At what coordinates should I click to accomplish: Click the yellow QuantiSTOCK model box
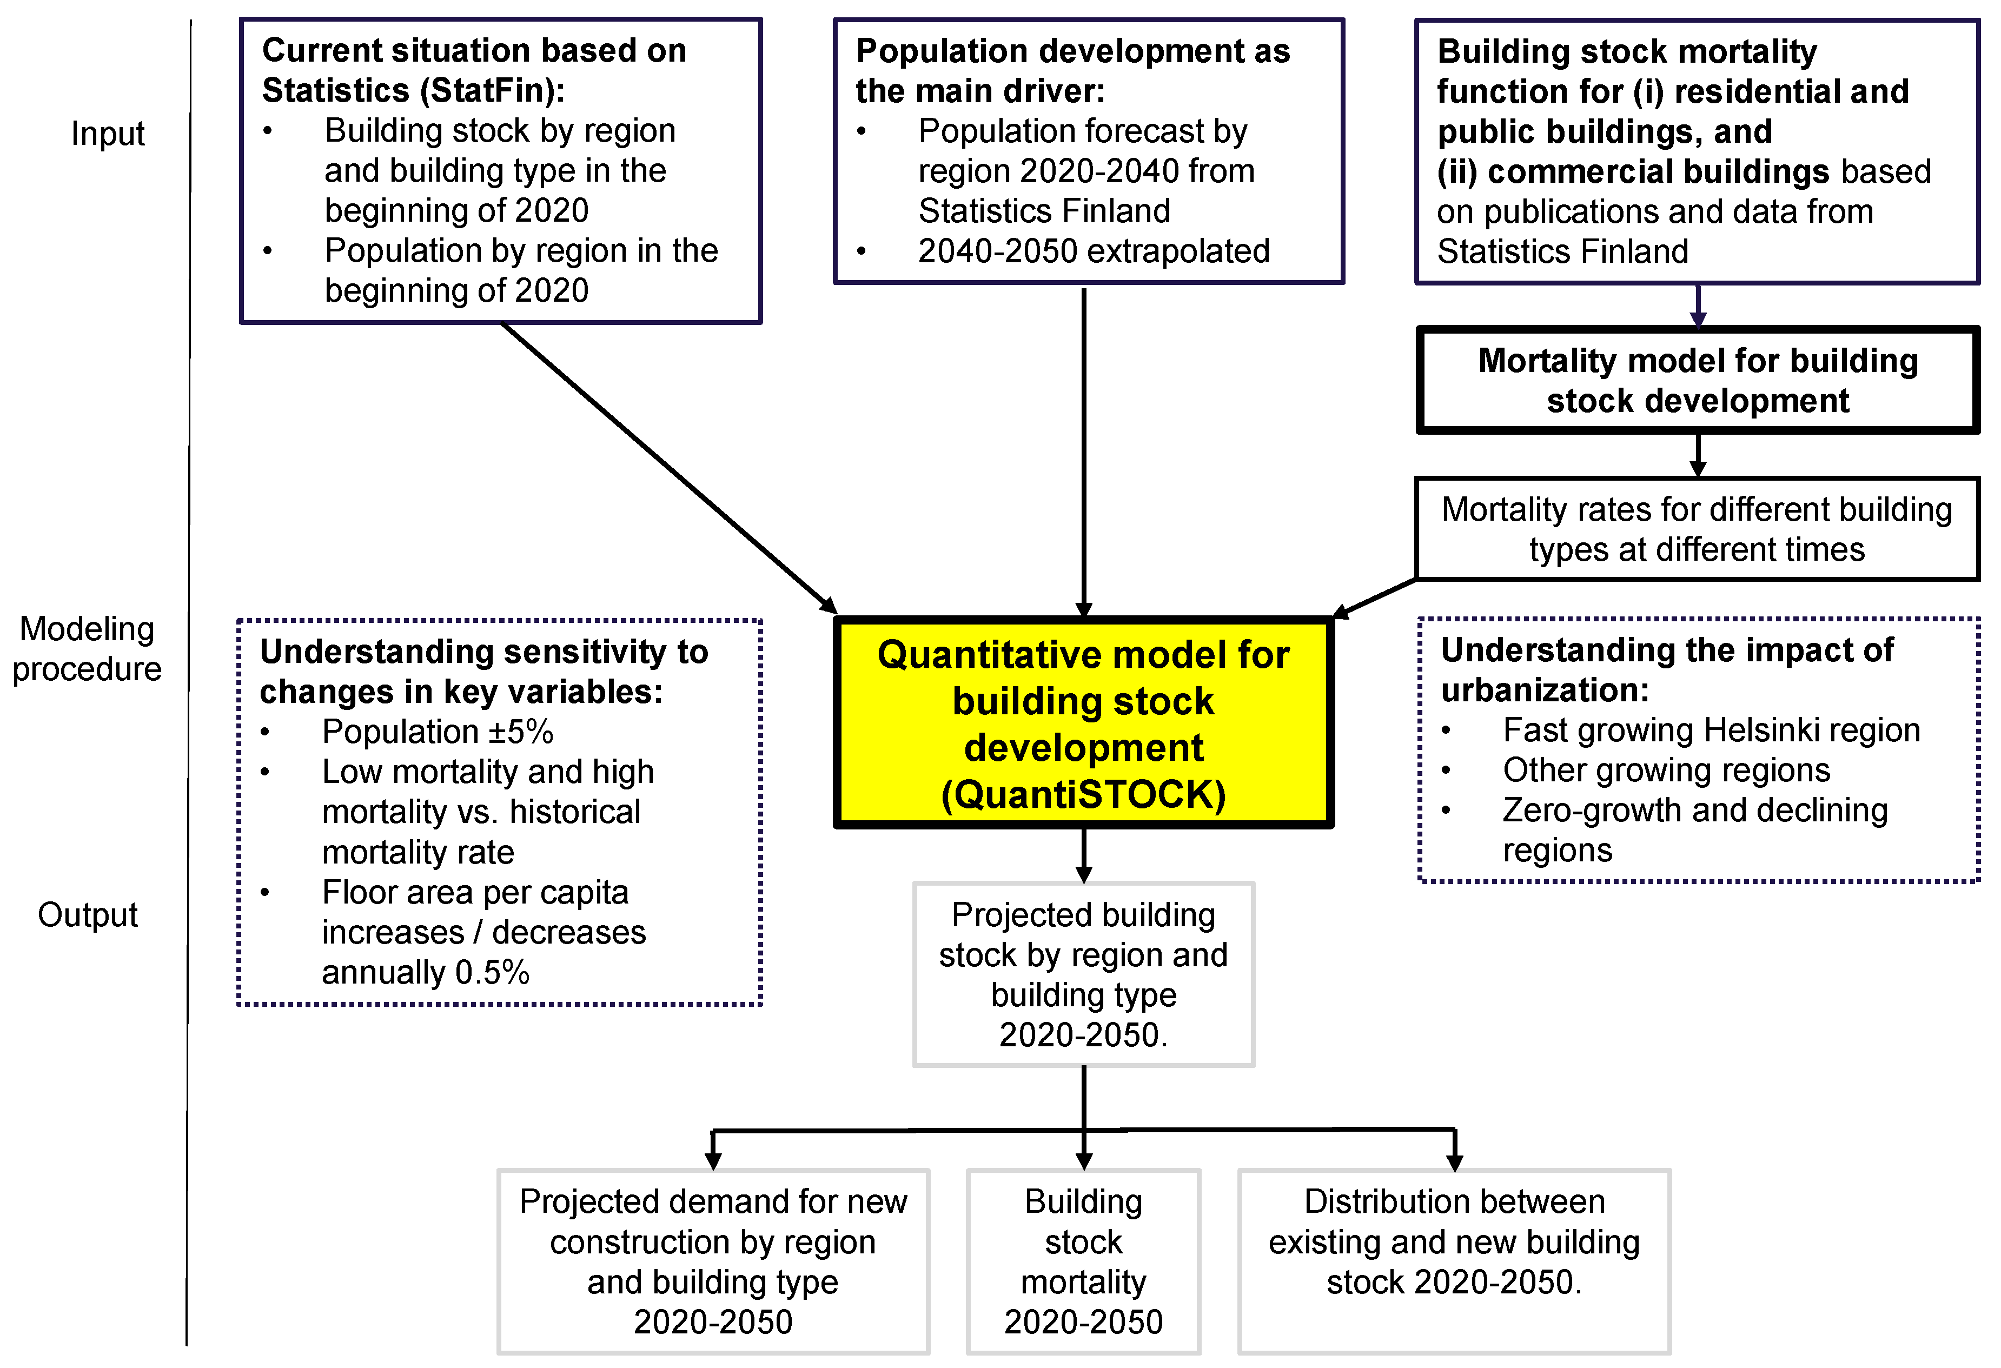coord(1083,723)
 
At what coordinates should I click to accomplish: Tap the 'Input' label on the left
coord(108,134)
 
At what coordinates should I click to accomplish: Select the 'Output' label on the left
coord(87,914)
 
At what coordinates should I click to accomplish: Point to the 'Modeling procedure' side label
coord(87,648)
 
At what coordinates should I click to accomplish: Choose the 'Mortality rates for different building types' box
coord(1696,529)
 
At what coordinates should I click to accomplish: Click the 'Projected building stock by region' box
coord(1083,974)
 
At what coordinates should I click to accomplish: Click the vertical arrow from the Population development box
coord(1083,448)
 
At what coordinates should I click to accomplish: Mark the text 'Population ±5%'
coord(438,732)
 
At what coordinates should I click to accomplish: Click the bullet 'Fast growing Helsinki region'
coord(1711,730)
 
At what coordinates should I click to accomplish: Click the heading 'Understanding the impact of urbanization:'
coord(1666,670)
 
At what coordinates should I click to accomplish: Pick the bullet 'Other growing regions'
coord(1666,769)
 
